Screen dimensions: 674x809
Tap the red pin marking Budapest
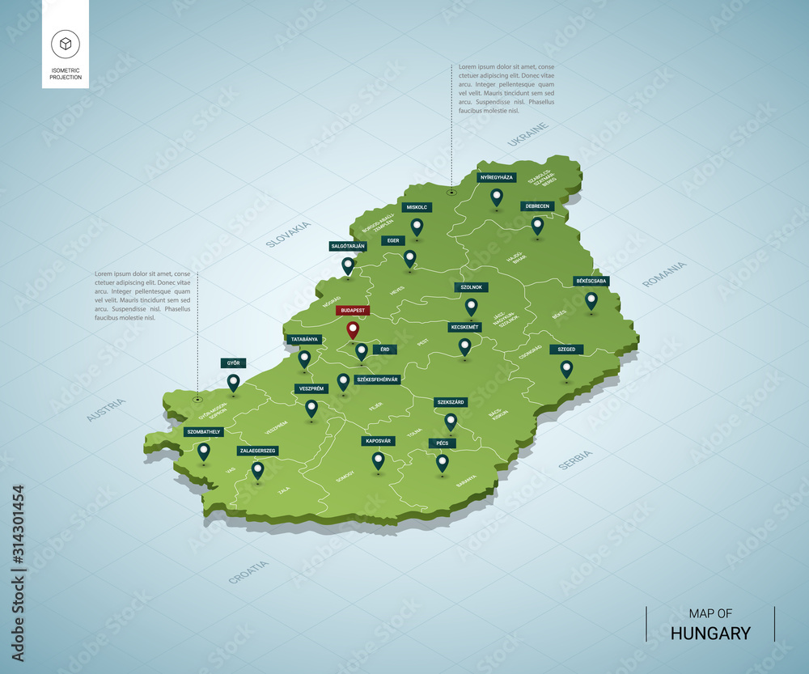tap(352, 330)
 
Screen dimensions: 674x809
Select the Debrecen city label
tap(536, 206)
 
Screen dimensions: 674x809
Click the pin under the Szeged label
tap(566, 369)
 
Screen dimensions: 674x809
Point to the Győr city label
tap(233, 363)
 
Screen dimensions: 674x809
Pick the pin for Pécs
tap(442, 463)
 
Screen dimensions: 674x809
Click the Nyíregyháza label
tap(496, 176)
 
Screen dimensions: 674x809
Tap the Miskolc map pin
tap(417, 227)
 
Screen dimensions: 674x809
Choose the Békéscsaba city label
tap(591, 281)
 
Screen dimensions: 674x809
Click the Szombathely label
tap(203, 432)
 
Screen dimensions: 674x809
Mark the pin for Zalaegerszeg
tap(257, 469)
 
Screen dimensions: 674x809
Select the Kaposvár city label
tap(378, 441)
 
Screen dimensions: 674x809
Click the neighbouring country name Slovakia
tap(288, 233)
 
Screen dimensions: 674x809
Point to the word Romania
tap(663, 274)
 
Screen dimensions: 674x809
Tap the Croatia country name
tap(248, 572)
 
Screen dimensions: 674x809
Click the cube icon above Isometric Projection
tap(66, 44)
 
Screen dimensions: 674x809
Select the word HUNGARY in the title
tap(710, 634)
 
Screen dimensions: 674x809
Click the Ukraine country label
tap(528, 134)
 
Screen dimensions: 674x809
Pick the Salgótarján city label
tap(348, 245)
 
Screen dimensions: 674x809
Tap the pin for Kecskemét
tap(464, 346)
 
